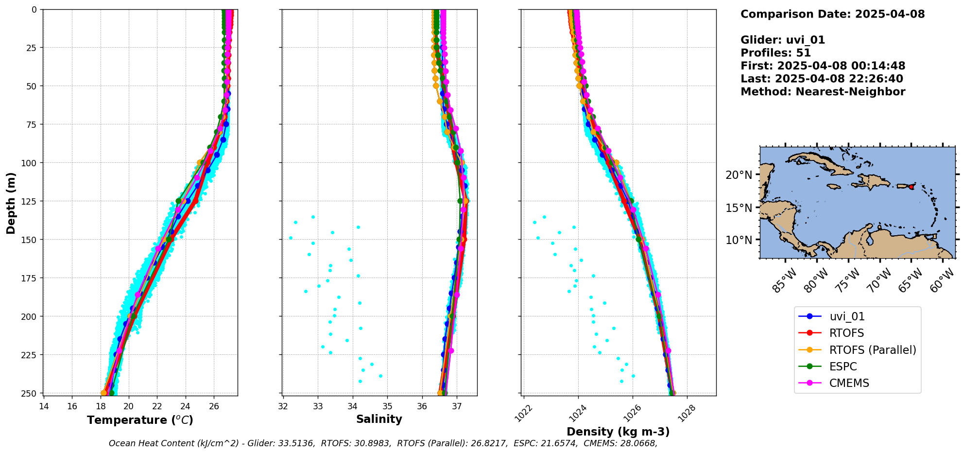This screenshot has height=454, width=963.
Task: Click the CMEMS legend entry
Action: coord(849,383)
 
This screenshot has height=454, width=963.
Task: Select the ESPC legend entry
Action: coord(843,367)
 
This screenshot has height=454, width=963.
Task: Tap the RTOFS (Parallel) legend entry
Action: coord(873,350)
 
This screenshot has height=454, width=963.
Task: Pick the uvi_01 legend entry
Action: coord(847,316)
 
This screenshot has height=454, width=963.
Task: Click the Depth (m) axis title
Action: coord(11,203)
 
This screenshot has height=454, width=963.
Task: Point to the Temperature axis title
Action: coord(140,420)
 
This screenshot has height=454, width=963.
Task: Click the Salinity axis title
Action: coord(379,419)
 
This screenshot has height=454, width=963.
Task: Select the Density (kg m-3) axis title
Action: coord(618,432)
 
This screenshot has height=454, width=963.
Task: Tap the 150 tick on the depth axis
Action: coord(30,239)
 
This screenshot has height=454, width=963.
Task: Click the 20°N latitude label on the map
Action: coord(739,175)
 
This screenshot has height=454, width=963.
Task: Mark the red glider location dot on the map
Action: coord(911,187)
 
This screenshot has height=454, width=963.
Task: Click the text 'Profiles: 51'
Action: coord(775,53)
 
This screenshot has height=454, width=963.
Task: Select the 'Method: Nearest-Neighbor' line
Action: coord(823,92)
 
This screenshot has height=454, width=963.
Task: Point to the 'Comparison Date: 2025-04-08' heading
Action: coord(832,14)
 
